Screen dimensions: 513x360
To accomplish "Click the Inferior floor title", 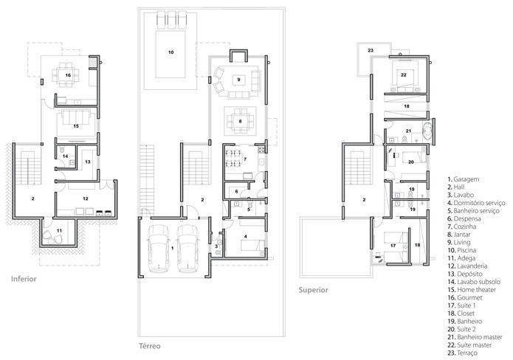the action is pos(24,279).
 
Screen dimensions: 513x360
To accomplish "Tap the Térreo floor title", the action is pos(150,346).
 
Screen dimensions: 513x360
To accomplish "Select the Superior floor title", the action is pos(313,290).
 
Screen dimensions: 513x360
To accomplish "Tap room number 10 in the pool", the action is pos(171,52).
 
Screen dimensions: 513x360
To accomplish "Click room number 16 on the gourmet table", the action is pos(68,75).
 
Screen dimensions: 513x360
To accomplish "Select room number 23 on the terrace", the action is pos(371,50).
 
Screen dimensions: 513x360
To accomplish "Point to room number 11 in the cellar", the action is pos(59,230).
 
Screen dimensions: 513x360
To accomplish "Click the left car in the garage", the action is pos(159,248).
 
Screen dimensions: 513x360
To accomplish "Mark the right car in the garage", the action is pos(188,248).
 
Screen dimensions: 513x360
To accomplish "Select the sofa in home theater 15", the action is pos(76,118).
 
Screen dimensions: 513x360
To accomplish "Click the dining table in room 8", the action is pos(240,121).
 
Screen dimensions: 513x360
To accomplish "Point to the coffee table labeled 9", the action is pos(239,80).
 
